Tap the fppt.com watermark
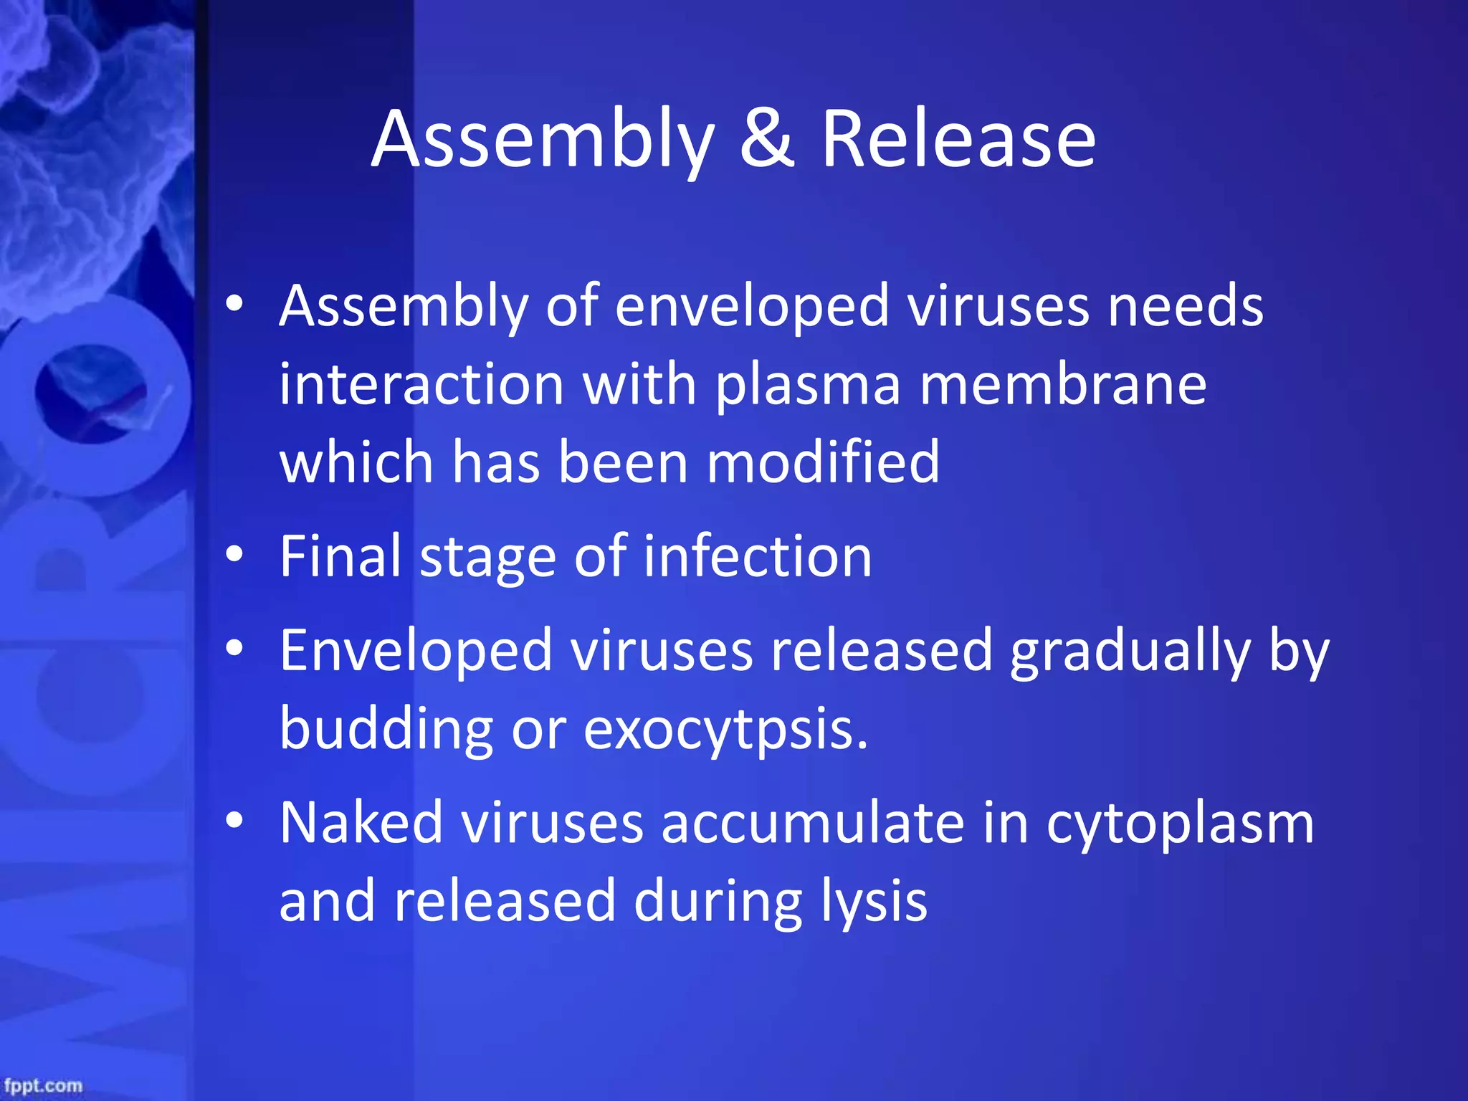click(43, 1085)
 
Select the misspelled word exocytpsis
click(725, 730)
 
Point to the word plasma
click(808, 385)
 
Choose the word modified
click(823, 462)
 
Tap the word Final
click(340, 556)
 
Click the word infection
click(757, 556)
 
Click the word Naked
click(361, 823)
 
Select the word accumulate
click(813, 823)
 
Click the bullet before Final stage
click(234, 554)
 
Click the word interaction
click(421, 385)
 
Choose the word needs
click(1186, 306)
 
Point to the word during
click(718, 902)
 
